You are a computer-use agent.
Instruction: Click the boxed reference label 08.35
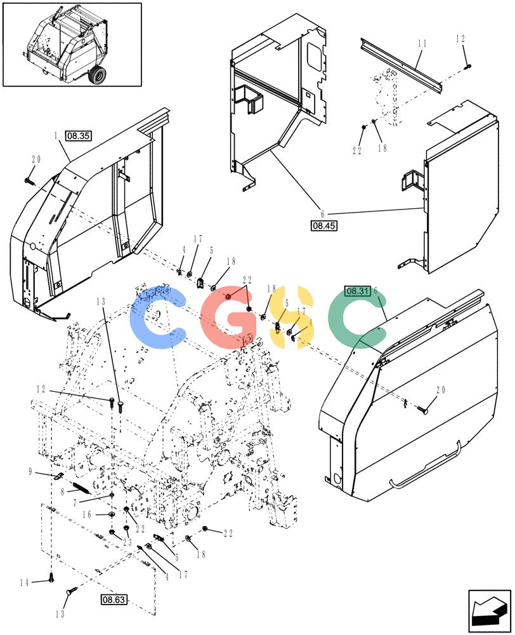pos(79,136)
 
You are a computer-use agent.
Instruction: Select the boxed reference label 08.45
pos(323,225)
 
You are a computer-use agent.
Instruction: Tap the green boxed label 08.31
pos(358,291)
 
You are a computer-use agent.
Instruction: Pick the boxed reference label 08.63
pos(114,599)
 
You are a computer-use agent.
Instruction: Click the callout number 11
pos(422,43)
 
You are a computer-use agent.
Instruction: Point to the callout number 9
pos(30,472)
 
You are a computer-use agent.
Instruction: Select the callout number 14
pos(24,583)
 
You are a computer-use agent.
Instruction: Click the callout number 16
pos(87,515)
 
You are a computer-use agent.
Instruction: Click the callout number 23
pos(127,542)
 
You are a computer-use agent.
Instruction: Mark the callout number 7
pos(75,503)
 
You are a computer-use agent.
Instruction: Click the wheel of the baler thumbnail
pos(98,74)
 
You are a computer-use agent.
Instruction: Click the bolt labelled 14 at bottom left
pos(51,579)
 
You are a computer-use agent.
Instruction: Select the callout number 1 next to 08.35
pos(56,136)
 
